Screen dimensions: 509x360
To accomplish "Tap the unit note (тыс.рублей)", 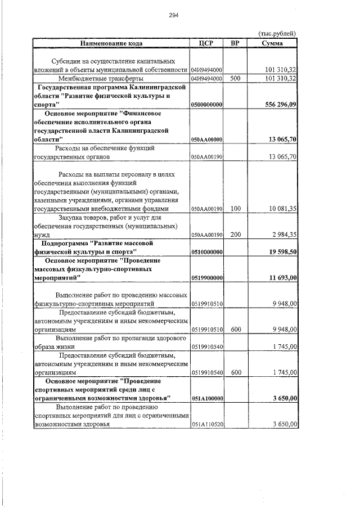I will (x=277, y=34).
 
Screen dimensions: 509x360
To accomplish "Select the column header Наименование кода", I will (x=111, y=43).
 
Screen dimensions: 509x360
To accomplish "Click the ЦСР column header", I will (x=207, y=43).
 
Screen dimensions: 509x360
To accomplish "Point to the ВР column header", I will (x=236, y=43).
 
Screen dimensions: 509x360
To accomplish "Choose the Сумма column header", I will (x=272, y=43).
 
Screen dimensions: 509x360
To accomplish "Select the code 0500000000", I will (x=207, y=105).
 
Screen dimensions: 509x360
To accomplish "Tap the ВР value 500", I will (x=236, y=79).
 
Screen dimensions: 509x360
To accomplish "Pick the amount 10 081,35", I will (x=283, y=209).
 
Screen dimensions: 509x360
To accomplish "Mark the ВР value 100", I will (x=236, y=209).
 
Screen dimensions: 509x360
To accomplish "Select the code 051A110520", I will (x=207, y=424).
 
